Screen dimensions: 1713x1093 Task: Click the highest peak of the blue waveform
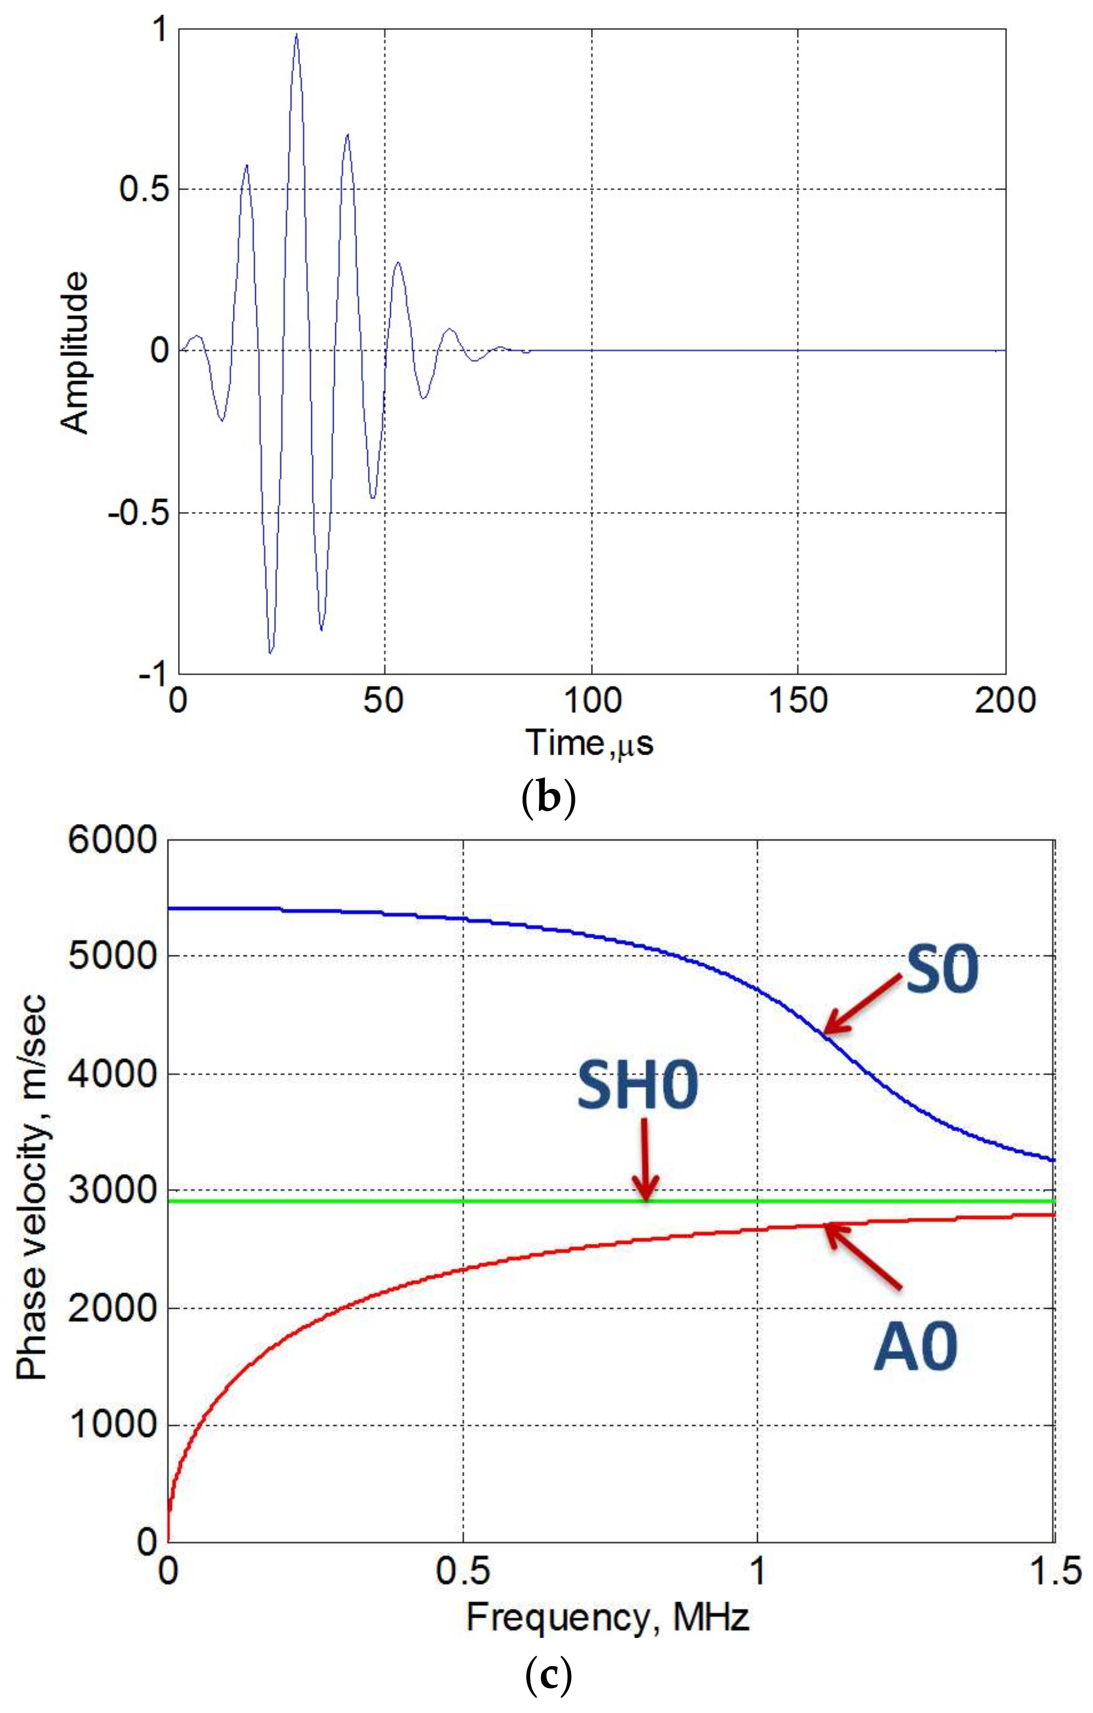296,34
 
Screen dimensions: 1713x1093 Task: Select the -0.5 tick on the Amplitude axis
138,513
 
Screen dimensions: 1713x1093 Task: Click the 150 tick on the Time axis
797,701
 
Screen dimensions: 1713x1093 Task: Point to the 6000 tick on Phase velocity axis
112,841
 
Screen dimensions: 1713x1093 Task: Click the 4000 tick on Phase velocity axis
112,1074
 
